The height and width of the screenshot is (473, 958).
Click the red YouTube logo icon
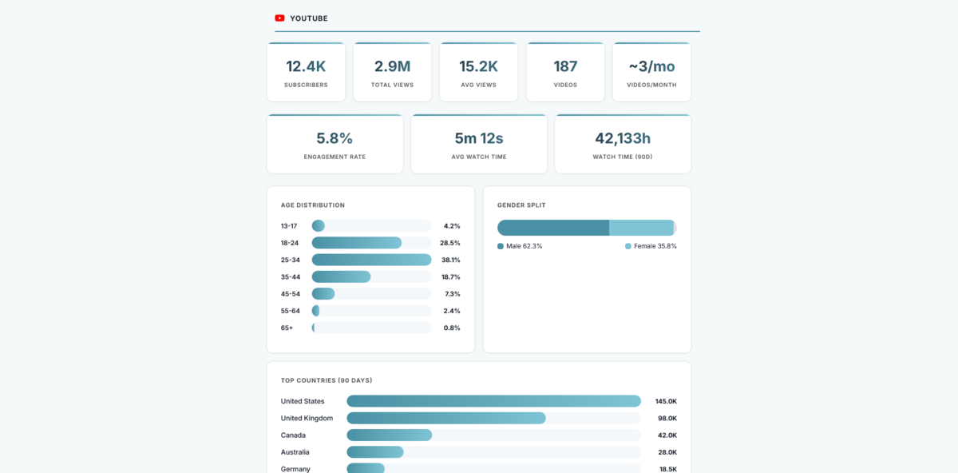pos(279,18)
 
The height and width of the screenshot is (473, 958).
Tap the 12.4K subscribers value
pos(306,66)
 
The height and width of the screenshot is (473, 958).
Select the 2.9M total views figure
pos(392,66)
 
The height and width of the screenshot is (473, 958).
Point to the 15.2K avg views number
pos(478,66)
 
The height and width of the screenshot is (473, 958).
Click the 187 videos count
pos(565,66)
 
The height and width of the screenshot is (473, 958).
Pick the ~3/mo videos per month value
pos(651,66)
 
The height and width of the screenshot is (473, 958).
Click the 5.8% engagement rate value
pos(335,138)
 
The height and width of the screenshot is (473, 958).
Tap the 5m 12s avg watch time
pos(479,138)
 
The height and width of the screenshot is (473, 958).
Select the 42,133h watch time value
pos(623,138)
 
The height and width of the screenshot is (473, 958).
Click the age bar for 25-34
pos(371,260)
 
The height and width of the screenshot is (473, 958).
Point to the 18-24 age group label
pos(290,243)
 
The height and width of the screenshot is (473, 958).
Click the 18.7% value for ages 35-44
pos(450,276)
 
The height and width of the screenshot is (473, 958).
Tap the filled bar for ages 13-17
pos(318,226)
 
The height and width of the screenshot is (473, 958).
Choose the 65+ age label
pos(287,328)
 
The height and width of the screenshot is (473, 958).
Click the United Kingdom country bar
pos(445,418)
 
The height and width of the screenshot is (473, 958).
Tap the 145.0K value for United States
pos(666,401)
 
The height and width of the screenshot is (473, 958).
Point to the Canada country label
pos(293,435)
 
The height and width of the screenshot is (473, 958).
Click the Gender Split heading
pos(521,205)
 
